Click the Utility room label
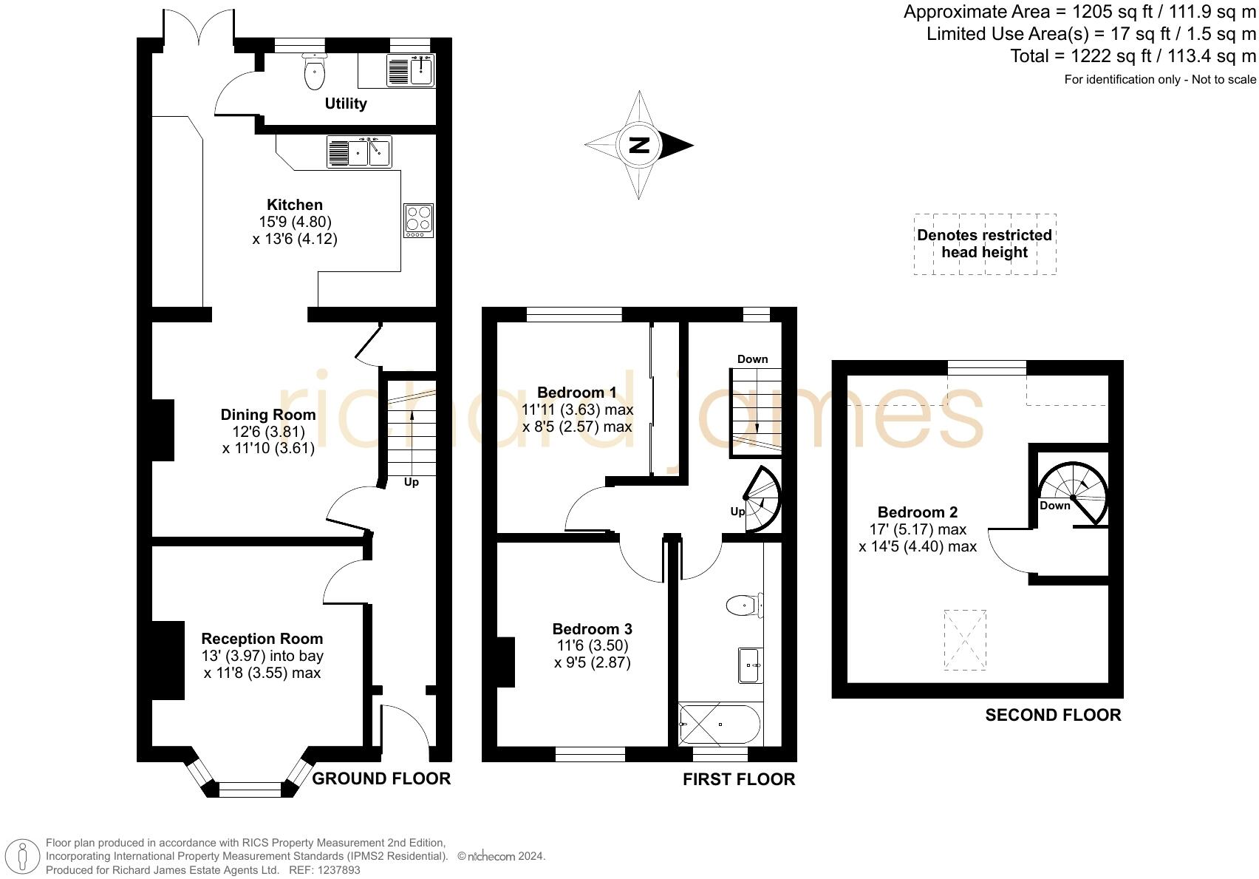click(x=346, y=103)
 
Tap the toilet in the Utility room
click(x=313, y=72)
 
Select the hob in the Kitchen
click(x=419, y=220)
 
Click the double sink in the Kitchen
click(x=359, y=152)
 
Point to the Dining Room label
click(x=268, y=415)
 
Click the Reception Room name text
click(x=262, y=639)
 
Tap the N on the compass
click(x=639, y=145)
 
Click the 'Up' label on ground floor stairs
click(x=412, y=483)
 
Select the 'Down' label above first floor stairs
click(x=753, y=359)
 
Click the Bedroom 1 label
click(x=576, y=393)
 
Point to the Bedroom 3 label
click(x=593, y=628)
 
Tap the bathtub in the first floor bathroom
click(x=720, y=724)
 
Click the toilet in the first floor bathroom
click(x=745, y=605)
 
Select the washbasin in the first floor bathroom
click(x=751, y=665)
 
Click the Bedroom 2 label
click(x=918, y=512)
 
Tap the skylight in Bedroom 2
click(x=965, y=640)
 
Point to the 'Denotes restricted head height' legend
click(x=985, y=244)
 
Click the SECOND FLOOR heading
click(x=1054, y=715)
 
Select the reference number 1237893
click(x=340, y=870)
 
